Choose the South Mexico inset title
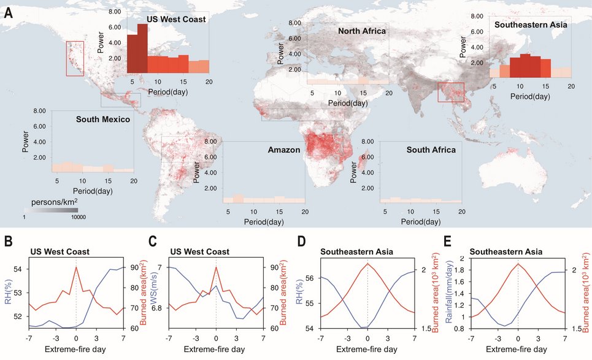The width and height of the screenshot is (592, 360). click(102, 119)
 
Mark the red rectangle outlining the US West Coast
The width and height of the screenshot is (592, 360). click(75, 59)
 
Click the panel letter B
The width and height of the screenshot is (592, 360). click(9, 241)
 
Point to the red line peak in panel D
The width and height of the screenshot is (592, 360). click(367, 263)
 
